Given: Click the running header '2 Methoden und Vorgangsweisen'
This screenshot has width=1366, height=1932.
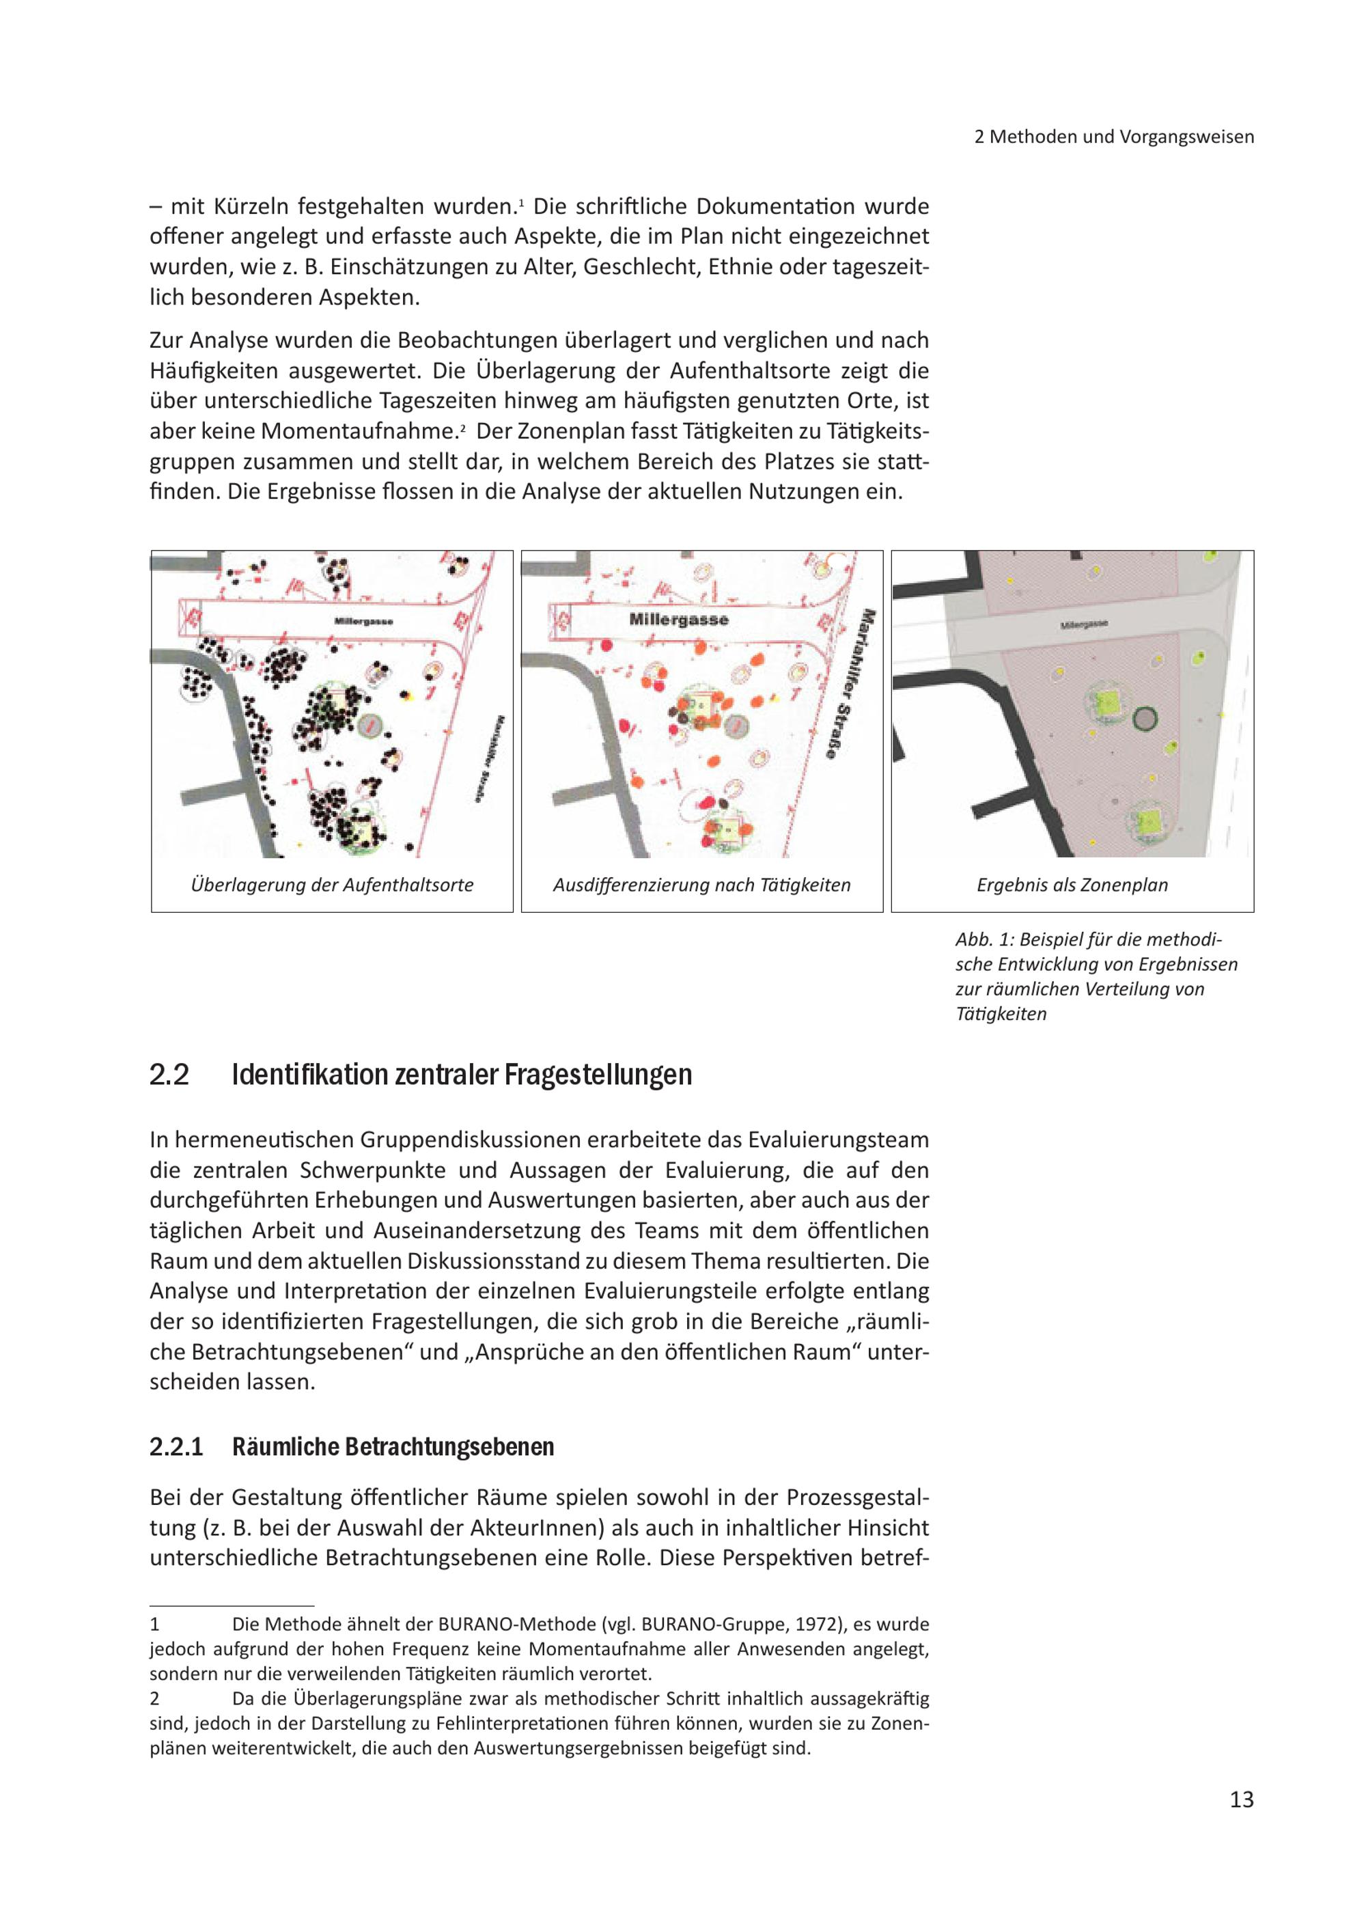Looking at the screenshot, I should pyautogui.click(x=1114, y=137).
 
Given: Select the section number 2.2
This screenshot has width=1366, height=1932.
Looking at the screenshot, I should pyautogui.click(x=169, y=1075).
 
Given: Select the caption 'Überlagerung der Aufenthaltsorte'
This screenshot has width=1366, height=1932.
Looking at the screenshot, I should pyautogui.click(x=332, y=885).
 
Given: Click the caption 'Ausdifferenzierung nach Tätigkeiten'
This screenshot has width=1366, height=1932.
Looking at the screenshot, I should pyautogui.click(x=701, y=885).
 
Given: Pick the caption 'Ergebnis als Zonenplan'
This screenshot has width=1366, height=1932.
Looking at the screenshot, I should pyautogui.click(x=1072, y=885).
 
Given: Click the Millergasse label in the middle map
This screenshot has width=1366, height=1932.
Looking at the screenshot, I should pyautogui.click(x=679, y=620).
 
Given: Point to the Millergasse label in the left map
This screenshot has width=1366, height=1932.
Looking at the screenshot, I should pyautogui.click(x=363, y=621).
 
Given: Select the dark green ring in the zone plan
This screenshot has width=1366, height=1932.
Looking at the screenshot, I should pyautogui.click(x=1145, y=719).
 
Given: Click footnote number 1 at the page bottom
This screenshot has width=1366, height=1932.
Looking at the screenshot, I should pyautogui.click(x=155, y=1625).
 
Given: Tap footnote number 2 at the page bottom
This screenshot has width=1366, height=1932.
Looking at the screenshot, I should pyautogui.click(x=155, y=1699).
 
